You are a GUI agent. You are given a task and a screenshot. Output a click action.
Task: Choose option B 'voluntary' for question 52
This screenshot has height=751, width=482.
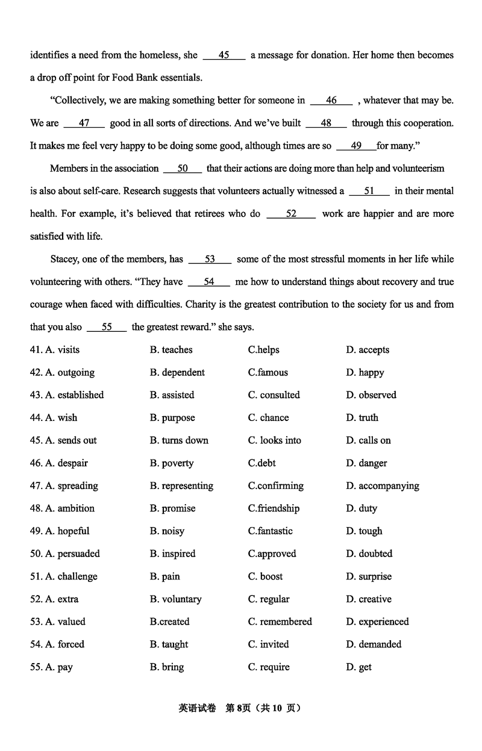point(175,599)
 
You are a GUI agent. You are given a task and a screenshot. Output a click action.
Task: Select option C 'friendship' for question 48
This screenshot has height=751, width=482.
point(274,508)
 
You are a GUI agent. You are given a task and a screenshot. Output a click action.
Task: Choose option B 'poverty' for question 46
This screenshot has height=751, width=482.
point(172,463)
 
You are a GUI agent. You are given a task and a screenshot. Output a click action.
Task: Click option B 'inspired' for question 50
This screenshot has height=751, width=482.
point(172,553)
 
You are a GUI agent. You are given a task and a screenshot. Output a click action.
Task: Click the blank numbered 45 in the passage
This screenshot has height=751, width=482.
point(224,55)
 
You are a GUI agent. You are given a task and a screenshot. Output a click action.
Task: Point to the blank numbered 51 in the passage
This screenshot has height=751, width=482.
point(369,191)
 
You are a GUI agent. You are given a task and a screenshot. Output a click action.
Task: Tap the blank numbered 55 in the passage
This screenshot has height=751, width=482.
point(107,327)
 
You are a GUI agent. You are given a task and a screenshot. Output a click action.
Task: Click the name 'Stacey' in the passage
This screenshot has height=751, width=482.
point(65,259)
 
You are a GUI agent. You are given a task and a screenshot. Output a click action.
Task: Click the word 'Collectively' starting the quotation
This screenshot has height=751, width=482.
point(80,101)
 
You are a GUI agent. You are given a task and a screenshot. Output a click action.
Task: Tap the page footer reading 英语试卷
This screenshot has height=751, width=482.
point(197,708)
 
